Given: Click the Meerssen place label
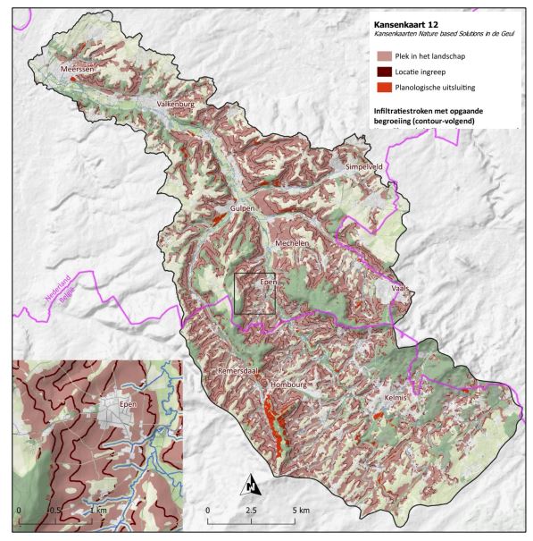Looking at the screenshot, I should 77,68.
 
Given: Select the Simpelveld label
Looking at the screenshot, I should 368,167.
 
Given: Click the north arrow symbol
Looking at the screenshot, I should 252,484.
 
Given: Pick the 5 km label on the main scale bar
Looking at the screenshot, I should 300,510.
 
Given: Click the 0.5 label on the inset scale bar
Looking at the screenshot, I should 54,510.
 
